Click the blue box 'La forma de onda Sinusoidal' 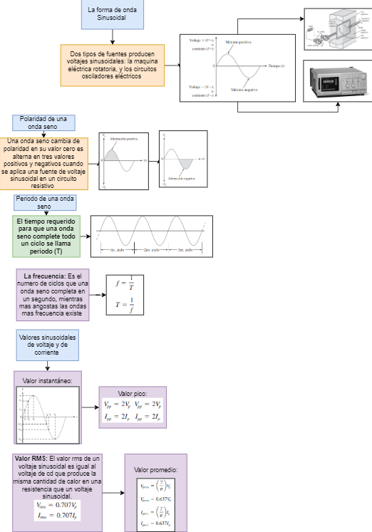(x=112, y=15)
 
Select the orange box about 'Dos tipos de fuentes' (x=113, y=65)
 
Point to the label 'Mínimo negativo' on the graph (x=244, y=90)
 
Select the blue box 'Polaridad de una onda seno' (x=43, y=122)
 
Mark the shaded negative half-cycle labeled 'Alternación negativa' (x=187, y=165)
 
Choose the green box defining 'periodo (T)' (x=46, y=236)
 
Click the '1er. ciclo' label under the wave (x=118, y=251)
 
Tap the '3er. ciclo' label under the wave (x=185, y=251)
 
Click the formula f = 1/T (x=125, y=283)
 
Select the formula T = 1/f (x=125, y=307)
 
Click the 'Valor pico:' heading (x=132, y=393)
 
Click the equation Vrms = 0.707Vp (x=58, y=505)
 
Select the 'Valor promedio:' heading (x=155, y=471)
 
